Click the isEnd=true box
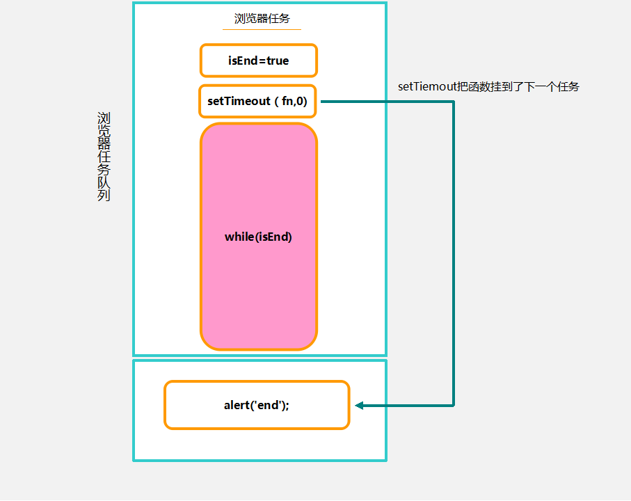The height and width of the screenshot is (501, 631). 258,61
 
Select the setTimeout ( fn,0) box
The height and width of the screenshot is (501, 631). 257,102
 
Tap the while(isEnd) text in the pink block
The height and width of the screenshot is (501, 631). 258,237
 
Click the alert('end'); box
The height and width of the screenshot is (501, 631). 257,405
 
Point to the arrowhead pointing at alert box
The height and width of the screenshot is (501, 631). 359,405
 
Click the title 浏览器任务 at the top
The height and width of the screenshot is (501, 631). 262,19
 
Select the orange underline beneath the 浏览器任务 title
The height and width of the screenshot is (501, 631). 262,29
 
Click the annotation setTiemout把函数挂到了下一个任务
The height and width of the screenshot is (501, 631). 488,87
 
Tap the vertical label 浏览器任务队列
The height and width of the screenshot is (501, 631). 104,157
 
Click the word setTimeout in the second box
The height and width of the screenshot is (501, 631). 239,102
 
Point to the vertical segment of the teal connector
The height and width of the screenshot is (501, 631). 454,250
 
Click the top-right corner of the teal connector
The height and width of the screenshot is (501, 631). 454,102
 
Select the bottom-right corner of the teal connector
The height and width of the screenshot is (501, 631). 454,405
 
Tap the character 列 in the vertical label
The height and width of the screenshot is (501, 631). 104,195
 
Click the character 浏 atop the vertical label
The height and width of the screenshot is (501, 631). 104,119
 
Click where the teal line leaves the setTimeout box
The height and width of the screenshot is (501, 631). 321,102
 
